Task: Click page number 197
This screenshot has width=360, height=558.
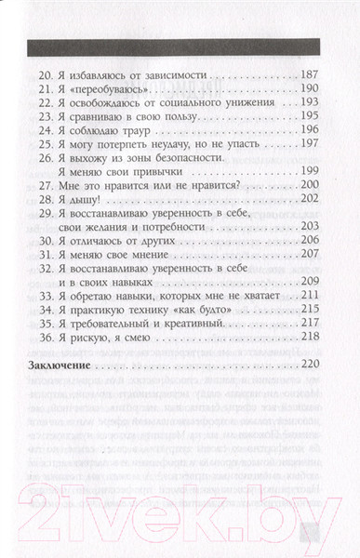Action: tap(307, 162)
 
